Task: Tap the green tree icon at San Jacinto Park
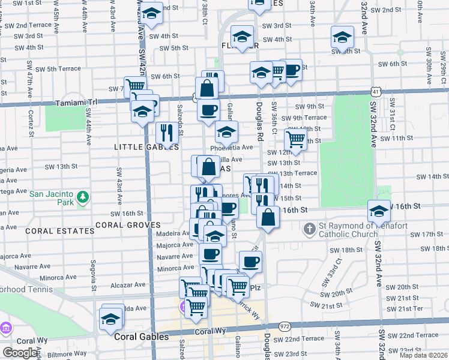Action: click(84, 197)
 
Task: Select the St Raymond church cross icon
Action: click(309, 229)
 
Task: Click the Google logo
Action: click(20, 353)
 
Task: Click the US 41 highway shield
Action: click(375, 91)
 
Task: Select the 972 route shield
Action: click(285, 326)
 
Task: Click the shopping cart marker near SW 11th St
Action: click(295, 139)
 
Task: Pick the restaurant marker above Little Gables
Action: click(167, 132)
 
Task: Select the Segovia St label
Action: click(93, 271)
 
